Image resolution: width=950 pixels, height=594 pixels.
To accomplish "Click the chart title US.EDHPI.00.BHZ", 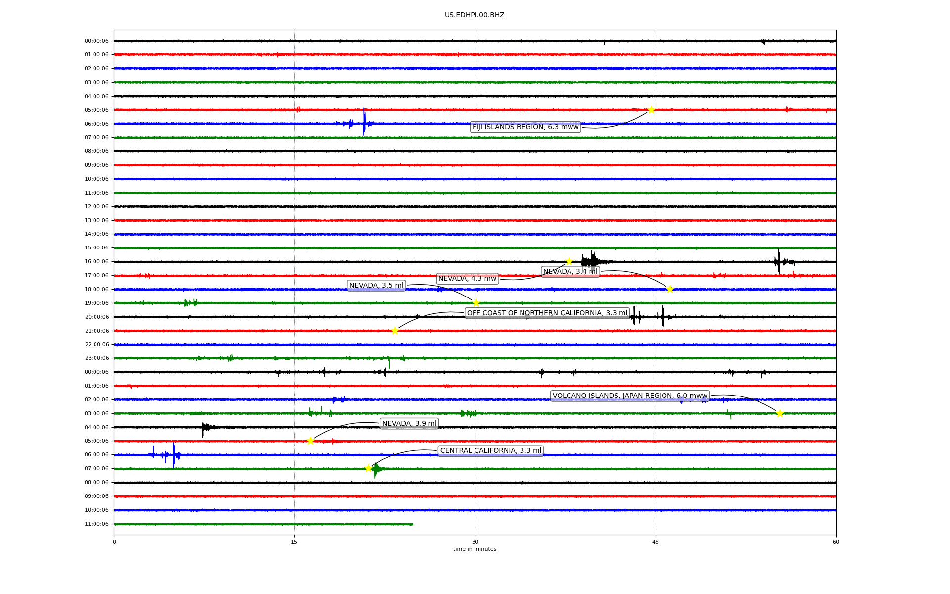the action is [x=475, y=15].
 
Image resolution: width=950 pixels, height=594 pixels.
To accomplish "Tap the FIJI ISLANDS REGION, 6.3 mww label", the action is [x=525, y=127].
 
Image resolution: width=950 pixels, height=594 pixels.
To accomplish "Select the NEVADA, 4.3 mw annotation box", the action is [x=467, y=279].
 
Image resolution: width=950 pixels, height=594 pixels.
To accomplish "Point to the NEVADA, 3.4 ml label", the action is [x=570, y=271].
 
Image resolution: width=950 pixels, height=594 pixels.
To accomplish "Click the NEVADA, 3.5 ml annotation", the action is [x=377, y=285].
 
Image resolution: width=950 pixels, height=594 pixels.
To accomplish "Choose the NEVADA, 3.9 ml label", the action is [x=410, y=423].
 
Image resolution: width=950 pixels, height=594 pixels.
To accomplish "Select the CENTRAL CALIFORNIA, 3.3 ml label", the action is [x=491, y=451].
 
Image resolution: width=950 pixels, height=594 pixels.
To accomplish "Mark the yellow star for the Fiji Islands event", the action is [x=651, y=110].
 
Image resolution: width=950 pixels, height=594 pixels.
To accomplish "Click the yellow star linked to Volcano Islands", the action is [x=780, y=413].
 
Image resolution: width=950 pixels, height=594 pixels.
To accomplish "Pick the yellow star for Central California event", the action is [x=368, y=468].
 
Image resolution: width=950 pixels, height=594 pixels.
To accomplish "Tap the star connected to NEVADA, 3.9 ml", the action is [x=310, y=441].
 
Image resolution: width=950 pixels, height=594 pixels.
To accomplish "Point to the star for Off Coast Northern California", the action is [x=395, y=331].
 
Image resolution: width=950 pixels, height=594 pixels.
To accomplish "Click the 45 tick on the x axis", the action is [x=656, y=542].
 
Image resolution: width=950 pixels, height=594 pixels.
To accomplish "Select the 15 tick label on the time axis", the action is [x=294, y=542].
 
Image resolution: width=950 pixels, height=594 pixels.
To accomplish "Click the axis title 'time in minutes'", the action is [x=475, y=549].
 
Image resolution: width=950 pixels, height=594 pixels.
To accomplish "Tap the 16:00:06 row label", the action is [x=96, y=261].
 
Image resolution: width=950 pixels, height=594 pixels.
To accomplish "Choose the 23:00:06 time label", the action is [x=96, y=358].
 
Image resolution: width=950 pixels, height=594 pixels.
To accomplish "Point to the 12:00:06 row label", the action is [x=96, y=206].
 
